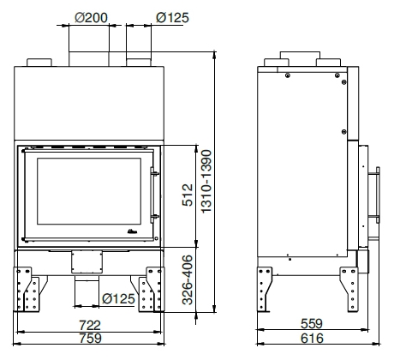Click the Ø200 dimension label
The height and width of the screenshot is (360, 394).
coord(91,18)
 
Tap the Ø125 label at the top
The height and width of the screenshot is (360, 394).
coord(172,18)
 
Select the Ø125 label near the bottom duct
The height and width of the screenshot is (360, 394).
coord(118,299)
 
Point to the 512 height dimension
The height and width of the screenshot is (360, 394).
coord(188,195)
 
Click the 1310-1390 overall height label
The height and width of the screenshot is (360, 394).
coord(206,182)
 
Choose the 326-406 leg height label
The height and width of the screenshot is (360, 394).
coord(188,279)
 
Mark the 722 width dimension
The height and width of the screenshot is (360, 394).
coord(90,325)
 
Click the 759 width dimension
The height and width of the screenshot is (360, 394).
coord(90,339)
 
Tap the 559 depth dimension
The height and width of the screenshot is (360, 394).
coord(312,324)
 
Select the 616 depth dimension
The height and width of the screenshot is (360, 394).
coord(312,339)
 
